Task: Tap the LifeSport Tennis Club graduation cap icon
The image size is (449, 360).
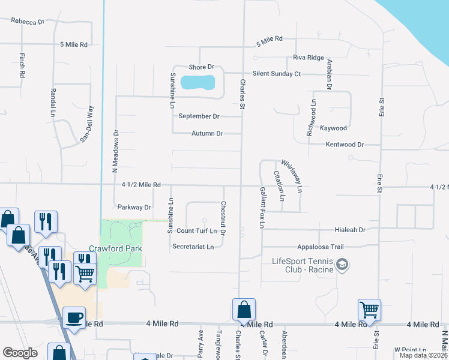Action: coord(342,264)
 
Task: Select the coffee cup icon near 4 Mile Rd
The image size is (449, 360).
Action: coord(74,318)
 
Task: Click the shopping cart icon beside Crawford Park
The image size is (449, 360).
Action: coord(85,274)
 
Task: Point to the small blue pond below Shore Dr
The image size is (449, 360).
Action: coord(197,82)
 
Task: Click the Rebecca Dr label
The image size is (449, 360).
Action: coord(28,22)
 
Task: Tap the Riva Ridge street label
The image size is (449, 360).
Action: coord(308,58)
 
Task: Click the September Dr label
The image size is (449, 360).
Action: coord(199,116)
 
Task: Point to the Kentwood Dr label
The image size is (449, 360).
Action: coord(345,145)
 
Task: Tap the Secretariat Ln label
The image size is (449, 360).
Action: coord(193,247)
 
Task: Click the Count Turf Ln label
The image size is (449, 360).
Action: coord(196,230)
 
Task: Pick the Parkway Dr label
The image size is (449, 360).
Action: coord(134,208)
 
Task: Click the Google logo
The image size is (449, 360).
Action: coord(20,353)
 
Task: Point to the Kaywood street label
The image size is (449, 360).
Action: coord(333,128)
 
